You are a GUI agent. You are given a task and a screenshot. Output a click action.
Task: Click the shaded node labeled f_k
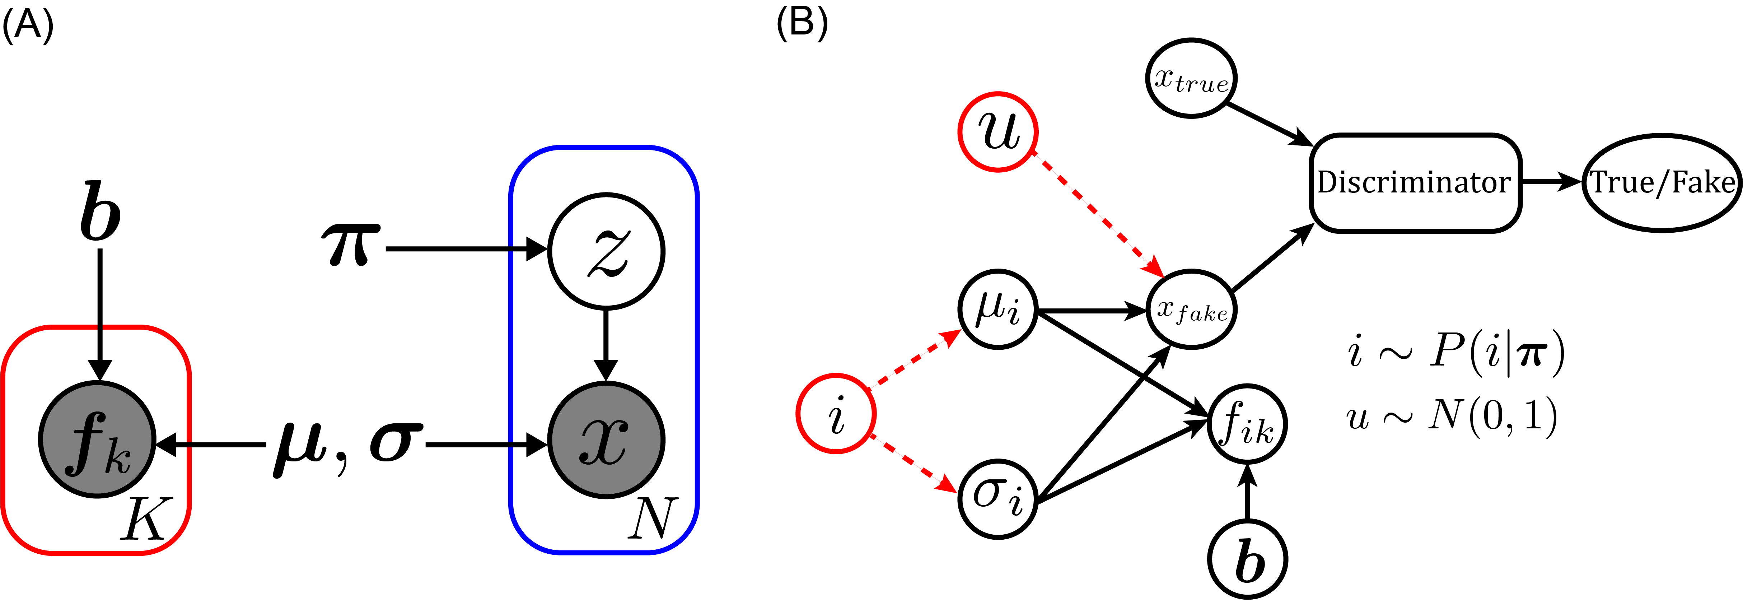[97, 440]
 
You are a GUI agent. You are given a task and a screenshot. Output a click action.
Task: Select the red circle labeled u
[998, 132]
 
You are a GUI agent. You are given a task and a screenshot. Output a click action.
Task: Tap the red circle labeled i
[836, 413]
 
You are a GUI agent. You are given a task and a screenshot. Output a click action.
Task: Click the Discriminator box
[1414, 183]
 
